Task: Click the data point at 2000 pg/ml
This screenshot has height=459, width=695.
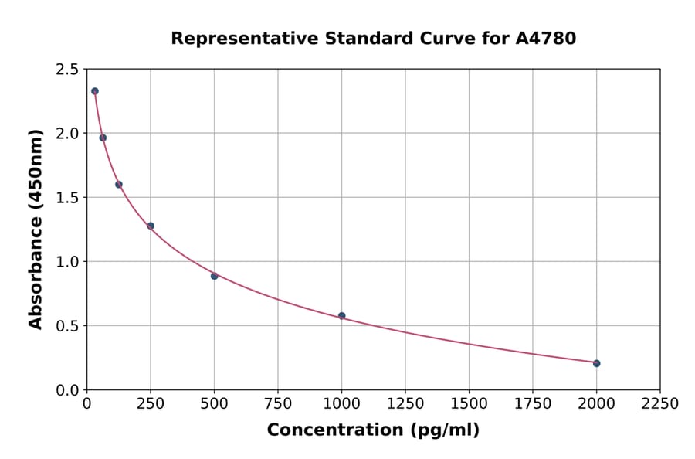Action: (x=596, y=363)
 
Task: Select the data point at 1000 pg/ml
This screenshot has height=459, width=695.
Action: (x=341, y=316)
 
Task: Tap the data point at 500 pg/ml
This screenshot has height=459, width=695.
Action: (x=214, y=276)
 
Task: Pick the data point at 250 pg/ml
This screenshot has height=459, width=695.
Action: (x=151, y=226)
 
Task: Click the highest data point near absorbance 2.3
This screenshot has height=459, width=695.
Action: (x=95, y=91)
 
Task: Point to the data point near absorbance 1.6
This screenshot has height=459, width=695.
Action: (x=119, y=184)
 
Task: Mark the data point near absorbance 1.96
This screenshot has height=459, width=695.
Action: (x=103, y=138)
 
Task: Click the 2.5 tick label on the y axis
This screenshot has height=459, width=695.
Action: (x=66, y=70)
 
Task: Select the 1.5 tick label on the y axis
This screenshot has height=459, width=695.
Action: (x=66, y=198)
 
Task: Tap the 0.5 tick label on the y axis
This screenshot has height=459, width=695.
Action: (x=66, y=326)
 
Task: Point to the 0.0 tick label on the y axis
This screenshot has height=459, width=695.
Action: (x=66, y=390)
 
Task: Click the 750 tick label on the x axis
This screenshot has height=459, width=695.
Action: (x=278, y=404)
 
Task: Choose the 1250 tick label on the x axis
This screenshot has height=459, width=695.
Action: (x=405, y=404)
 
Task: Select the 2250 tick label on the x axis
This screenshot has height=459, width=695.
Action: (x=660, y=404)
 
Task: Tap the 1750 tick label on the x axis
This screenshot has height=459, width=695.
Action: (x=533, y=404)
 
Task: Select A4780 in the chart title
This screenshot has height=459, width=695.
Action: (x=545, y=38)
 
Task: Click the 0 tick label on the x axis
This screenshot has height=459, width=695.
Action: (x=86, y=404)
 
